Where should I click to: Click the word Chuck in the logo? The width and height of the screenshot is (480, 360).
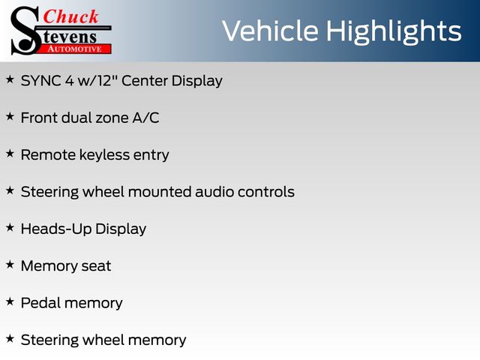point(70,16)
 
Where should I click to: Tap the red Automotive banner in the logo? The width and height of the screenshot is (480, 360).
point(75,49)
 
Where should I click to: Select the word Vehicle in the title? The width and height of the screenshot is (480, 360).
point(270,31)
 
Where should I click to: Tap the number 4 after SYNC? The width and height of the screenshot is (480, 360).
point(70,81)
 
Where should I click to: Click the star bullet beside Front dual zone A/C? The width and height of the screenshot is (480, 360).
point(10,117)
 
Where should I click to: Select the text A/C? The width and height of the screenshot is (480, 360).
point(145,118)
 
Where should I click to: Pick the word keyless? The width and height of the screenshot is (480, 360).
point(105,154)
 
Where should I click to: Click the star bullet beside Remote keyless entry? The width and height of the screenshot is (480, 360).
point(10,154)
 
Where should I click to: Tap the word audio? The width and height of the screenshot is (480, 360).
point(214,192)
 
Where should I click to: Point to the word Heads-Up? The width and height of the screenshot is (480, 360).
point(56,229)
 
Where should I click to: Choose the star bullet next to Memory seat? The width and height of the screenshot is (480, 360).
point(10,265)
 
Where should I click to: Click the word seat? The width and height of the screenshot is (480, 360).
point(96,266)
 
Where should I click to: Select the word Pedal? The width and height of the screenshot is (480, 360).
point(40,303)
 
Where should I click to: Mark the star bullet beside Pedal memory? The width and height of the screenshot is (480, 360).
point(10,301)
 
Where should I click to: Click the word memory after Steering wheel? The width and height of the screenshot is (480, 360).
point(157,340)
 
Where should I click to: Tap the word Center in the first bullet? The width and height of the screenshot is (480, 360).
point(145,81)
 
